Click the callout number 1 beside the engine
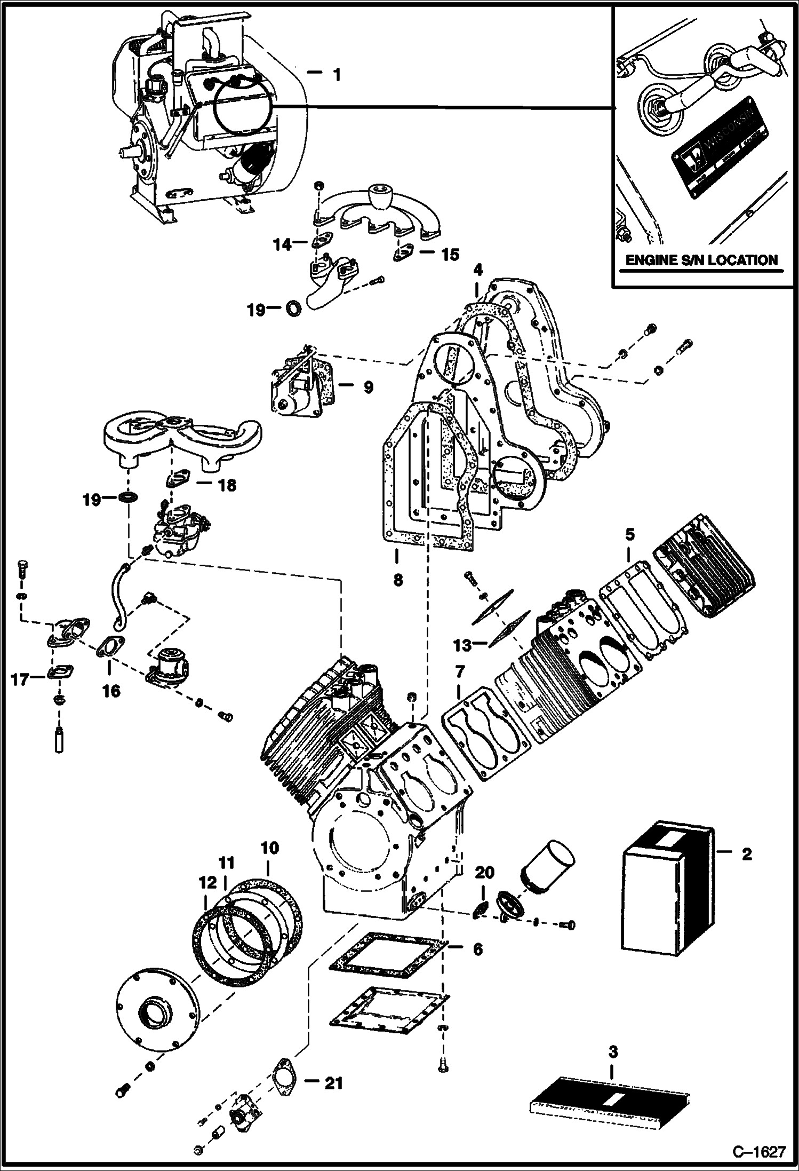(x=336, y=75)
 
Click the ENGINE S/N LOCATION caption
(x=701, y=260)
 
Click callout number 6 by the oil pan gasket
(x=477, y=948)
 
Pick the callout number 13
(x=462, y=645)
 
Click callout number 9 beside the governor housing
(x=368, y=387)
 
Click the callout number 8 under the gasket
(x=398, y=579)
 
